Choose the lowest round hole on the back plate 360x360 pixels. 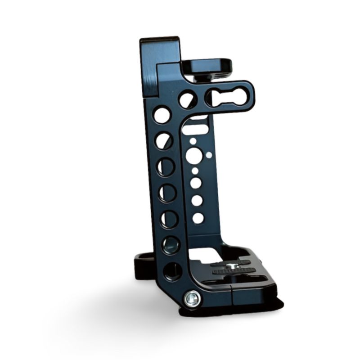[x=198, y=218]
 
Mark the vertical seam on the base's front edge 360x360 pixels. [x=232, y=295]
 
